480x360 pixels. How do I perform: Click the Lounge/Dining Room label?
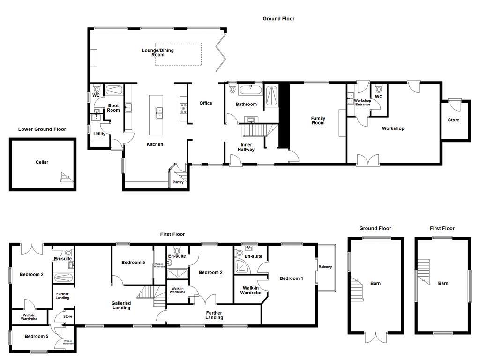tap(157, 52)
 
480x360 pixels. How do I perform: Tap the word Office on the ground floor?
tap(206, 103)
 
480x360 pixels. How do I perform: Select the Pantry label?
tap(178, 182)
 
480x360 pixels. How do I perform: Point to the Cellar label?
tap(42, 162)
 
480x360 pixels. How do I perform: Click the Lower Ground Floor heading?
tap(42, 129)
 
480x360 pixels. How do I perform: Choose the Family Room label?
tap(318, 120)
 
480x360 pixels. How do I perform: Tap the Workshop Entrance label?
tap(362, 103)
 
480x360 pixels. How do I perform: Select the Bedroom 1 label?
tap(291, 278)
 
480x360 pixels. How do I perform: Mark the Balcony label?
tap(325, 267)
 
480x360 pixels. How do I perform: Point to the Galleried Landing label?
tap(121, 306)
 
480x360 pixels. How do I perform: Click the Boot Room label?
tap(113, 108)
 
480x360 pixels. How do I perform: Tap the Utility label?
tap(99, 134)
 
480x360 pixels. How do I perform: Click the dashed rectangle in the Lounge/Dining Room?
tap(179, 54)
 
